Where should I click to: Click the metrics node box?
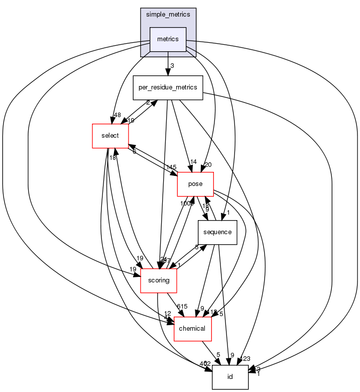pos(168,39)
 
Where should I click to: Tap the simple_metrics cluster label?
pos(168,14)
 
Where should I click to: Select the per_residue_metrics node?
pos(167,88)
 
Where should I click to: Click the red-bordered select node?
pos(110,136)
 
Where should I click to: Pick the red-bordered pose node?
pos(195,184)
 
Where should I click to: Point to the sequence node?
pos(217,232)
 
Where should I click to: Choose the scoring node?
pos(159,280)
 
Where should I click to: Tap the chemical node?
pos(192,328)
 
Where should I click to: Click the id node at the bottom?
pos(230,376)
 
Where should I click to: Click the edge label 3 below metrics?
pos(172,66)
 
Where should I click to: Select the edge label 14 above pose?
pos(192,162)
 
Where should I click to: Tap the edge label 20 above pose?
pos(208,164)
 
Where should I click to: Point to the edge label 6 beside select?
pos(134,152)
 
